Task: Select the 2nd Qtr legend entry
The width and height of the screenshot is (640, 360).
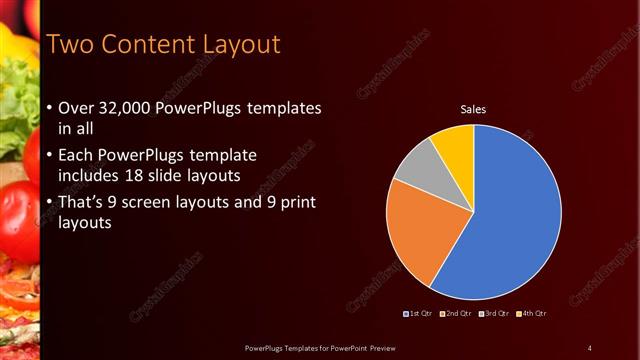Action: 455,314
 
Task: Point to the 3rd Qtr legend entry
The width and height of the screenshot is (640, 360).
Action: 494,314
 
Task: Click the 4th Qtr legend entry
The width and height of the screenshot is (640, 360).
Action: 532,314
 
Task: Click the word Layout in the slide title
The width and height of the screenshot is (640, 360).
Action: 232,45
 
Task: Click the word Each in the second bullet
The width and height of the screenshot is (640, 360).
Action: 77,157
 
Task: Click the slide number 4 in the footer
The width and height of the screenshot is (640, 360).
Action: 589,348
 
